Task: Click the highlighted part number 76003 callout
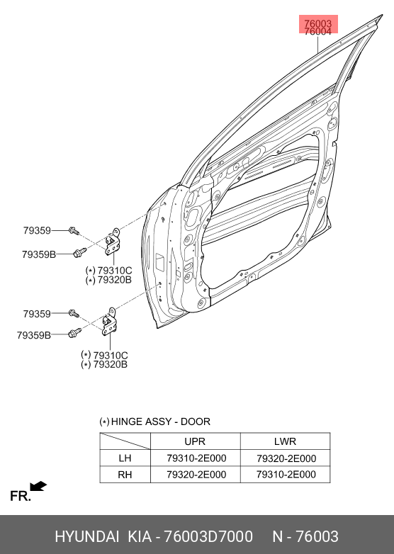pos(317,23)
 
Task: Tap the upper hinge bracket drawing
pos(113,242)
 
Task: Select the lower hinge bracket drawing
pos(109,322)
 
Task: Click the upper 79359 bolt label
pos(37,230)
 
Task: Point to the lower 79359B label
pos(34,335)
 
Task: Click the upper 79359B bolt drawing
pos(79,253)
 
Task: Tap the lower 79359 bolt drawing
pos(74,313)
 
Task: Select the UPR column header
pos(195,441)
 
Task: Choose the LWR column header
pos(285,441)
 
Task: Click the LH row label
pos(125,458)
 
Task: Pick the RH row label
pos(125,475)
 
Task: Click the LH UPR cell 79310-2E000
pos(196,458)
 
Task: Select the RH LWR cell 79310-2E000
pos(286,475)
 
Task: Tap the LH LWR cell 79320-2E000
pos(286,458)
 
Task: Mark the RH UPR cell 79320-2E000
pos(196,475)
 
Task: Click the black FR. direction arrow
pos(38,486)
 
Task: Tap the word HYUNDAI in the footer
pos(87,536)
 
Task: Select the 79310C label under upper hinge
pos(115,271)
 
